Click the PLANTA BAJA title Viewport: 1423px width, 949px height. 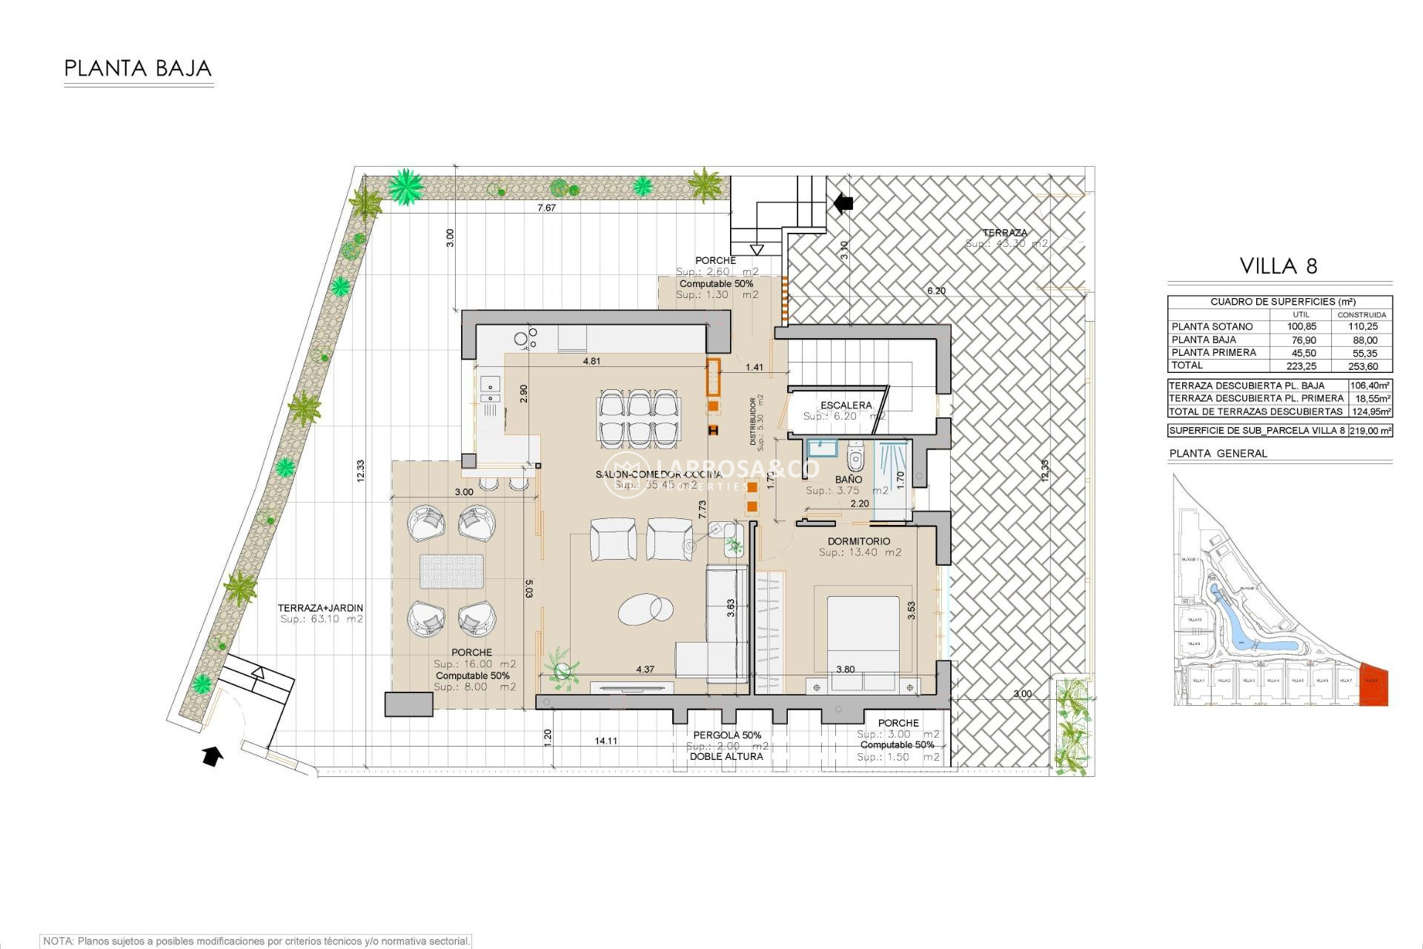tap(138, 68)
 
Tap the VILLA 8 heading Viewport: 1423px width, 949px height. tap(1278, 266)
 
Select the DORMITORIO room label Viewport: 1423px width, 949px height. tap(859, 541)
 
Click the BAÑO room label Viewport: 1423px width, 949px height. tap(848, 480)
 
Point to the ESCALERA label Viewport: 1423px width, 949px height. tap(846, 405)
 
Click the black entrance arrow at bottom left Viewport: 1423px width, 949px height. tap(213, 756)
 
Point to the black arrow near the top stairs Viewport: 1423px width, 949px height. tap(843, 202)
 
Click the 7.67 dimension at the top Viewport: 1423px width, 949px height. tap(546, 208)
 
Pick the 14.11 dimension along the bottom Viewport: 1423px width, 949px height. tap(606, 741)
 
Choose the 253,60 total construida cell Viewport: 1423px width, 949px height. tap(1362, 366)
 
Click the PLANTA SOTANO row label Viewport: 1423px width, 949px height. tap(1212, 326)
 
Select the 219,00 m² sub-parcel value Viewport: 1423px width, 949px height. tap(1370, 431)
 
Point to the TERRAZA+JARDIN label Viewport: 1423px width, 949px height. tap(320, 608)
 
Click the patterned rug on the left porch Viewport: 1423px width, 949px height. tap(451, 571)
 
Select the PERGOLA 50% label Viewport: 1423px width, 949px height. tap(726, 735)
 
